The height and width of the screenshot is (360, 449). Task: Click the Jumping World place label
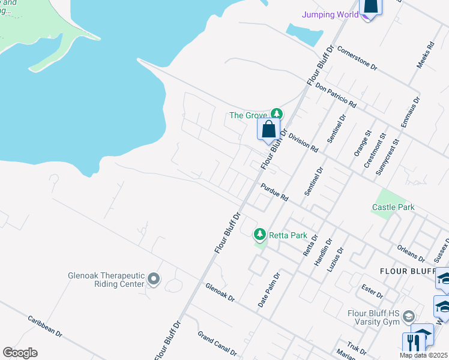tap(326, 14)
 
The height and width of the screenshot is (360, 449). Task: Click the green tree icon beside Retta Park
tap(260, 234)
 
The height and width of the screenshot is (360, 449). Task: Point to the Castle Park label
tap(393, 207)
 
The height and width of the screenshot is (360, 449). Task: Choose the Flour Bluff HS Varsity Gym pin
tap(409, 316)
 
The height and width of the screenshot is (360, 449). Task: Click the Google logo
tap(20, 353)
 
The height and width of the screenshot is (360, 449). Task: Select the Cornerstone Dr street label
tap(357, 58)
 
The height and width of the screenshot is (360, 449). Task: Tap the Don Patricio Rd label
tap(335, 95)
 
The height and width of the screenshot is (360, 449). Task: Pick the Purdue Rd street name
tap(274, 193)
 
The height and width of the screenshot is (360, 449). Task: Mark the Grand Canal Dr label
tap(217, 343)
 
